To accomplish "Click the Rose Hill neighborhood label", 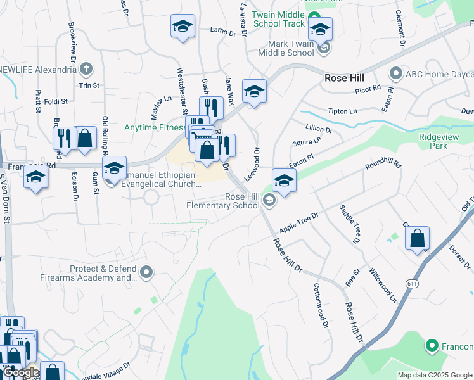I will [344, 78].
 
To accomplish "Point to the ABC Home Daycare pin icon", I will [396, 73].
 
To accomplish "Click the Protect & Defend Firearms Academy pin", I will [147, 273].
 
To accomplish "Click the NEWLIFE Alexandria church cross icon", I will [87, 68].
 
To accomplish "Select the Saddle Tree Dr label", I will [349, 225].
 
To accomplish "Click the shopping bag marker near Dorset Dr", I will [417, 239].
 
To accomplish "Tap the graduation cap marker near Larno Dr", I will [183, 27].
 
